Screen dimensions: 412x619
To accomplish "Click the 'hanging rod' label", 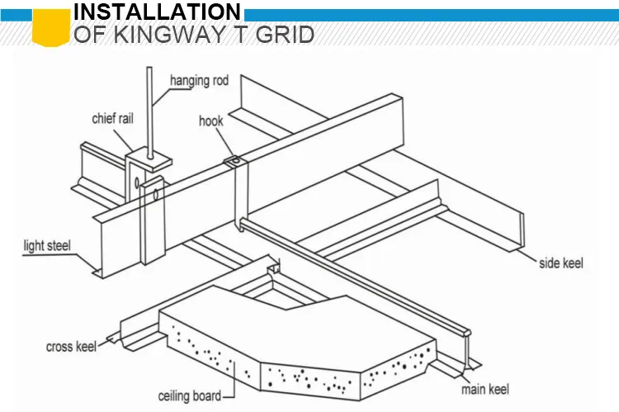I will point(199,81).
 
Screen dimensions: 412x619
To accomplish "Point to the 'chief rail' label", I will point(112,119).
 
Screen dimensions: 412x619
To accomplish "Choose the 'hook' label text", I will point(211,121).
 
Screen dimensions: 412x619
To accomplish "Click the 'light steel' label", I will point(47,244).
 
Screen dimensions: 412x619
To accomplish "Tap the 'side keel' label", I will point(561,263).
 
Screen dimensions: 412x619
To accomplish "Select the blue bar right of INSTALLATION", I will point(429,15).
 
